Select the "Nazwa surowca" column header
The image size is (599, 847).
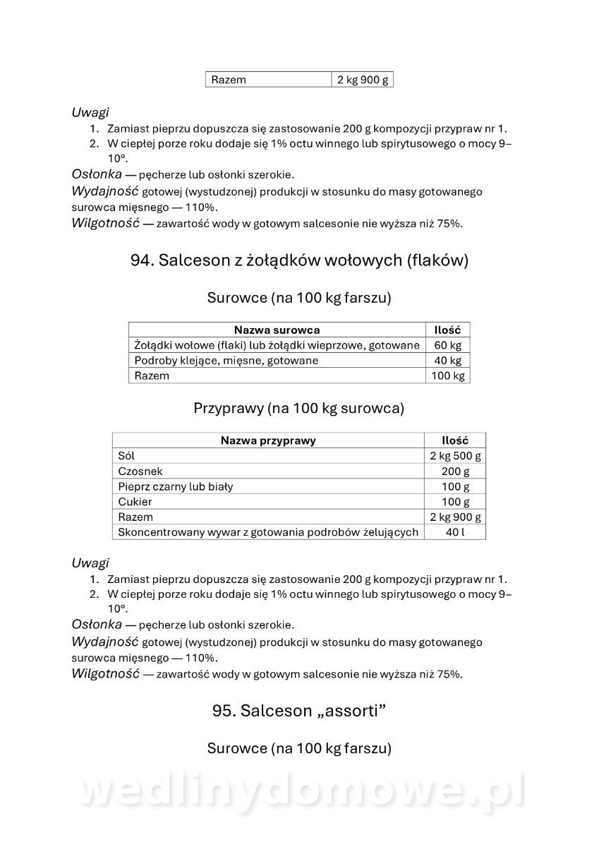(277, 330)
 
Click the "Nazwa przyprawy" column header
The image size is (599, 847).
(268, 440)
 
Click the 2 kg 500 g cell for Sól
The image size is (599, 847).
(455, 456)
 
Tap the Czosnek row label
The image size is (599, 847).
(140, 471)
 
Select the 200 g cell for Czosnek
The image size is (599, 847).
(455, 471)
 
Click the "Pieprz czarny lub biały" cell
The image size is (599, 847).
(176, 486)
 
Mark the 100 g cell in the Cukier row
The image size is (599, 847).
(455, 502)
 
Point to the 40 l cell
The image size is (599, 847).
(455, 532)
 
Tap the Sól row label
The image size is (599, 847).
(126, 456)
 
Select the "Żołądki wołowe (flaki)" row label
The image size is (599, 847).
(277, 345)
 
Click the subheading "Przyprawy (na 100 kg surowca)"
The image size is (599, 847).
(298, 408)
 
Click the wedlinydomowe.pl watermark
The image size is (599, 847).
(300, 791)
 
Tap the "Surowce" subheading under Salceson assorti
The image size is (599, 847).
(298, 748)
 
